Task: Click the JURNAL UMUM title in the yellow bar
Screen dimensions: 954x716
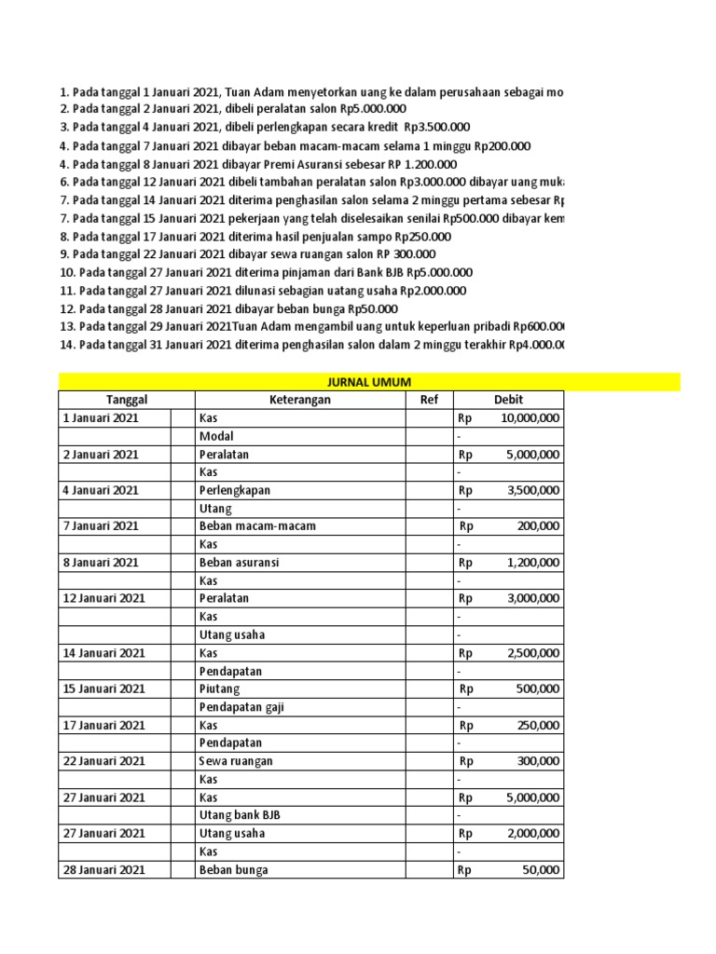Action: (x=368, y=381)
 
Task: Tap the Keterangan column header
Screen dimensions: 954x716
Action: (x=299, y=400)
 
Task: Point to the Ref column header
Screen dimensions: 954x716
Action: (x=429, y=400)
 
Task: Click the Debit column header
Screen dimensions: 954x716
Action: (x=508, y=400)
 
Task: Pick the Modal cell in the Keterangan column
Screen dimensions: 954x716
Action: (x=216, y=436)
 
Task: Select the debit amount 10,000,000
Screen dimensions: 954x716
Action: (x=530, y=418)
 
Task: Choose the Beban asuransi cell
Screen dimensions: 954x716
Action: (x=239, y=562)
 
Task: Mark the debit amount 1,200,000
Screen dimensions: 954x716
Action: (x=532, y=562)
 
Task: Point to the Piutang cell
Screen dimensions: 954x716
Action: (x=219, y=688)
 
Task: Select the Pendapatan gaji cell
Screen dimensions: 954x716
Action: (x=241, y=707)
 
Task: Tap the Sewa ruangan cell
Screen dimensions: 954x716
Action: (x=236, y=761)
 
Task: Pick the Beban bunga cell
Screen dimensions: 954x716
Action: (x=233, y=869)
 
